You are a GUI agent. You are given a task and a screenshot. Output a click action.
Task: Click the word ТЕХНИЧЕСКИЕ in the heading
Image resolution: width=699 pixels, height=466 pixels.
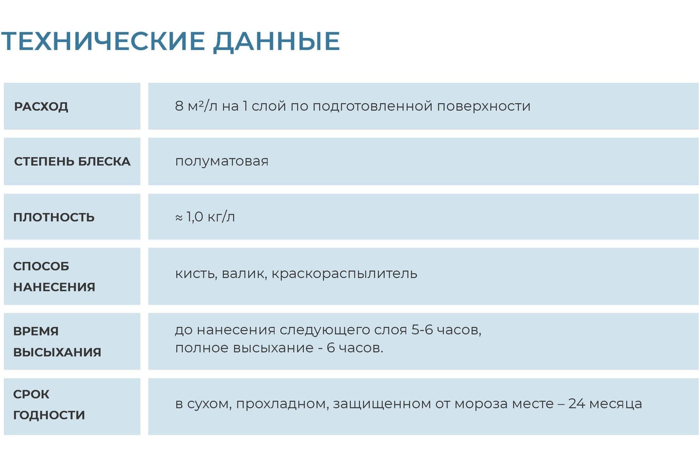[x=103, y=41]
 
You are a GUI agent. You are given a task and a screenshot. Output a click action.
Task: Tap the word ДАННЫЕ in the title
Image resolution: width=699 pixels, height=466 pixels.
[x=277, y=42]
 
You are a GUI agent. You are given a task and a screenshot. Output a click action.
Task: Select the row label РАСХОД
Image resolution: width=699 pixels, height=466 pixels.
[x=41, y=107]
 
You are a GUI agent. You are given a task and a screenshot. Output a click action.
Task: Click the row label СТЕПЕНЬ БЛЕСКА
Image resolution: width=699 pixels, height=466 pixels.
[x=72, y=162]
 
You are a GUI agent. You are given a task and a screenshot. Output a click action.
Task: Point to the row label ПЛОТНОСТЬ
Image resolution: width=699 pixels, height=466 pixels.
[x=54, y=217]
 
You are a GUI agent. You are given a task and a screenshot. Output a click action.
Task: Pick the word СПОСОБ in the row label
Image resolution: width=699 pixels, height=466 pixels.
[x=41, y=267]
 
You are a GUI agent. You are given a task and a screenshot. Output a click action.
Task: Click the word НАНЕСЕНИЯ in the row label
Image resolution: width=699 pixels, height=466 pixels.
[x=54, y=287]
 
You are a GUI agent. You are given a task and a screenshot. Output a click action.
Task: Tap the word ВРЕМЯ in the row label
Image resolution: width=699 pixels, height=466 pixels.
[x=36, y=331]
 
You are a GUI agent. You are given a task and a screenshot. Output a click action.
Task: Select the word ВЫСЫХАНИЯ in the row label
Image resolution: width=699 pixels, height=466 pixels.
[x=57, y=352]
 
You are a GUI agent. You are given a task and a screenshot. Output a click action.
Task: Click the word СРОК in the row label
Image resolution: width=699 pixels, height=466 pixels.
[x=31, y=394]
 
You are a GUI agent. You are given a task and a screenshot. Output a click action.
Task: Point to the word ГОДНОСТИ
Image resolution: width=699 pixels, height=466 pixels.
[x=49, y=415]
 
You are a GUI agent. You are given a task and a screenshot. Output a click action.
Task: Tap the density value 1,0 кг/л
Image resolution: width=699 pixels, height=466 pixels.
[x=210, y=217]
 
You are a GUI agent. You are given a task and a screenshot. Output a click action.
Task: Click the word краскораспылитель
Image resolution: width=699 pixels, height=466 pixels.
[x=344, y=274]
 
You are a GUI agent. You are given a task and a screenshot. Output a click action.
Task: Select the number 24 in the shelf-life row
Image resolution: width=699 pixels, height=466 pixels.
[x=577, y=404]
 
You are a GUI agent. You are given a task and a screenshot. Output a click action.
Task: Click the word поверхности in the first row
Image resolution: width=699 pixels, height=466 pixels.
[x=483, y=107]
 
